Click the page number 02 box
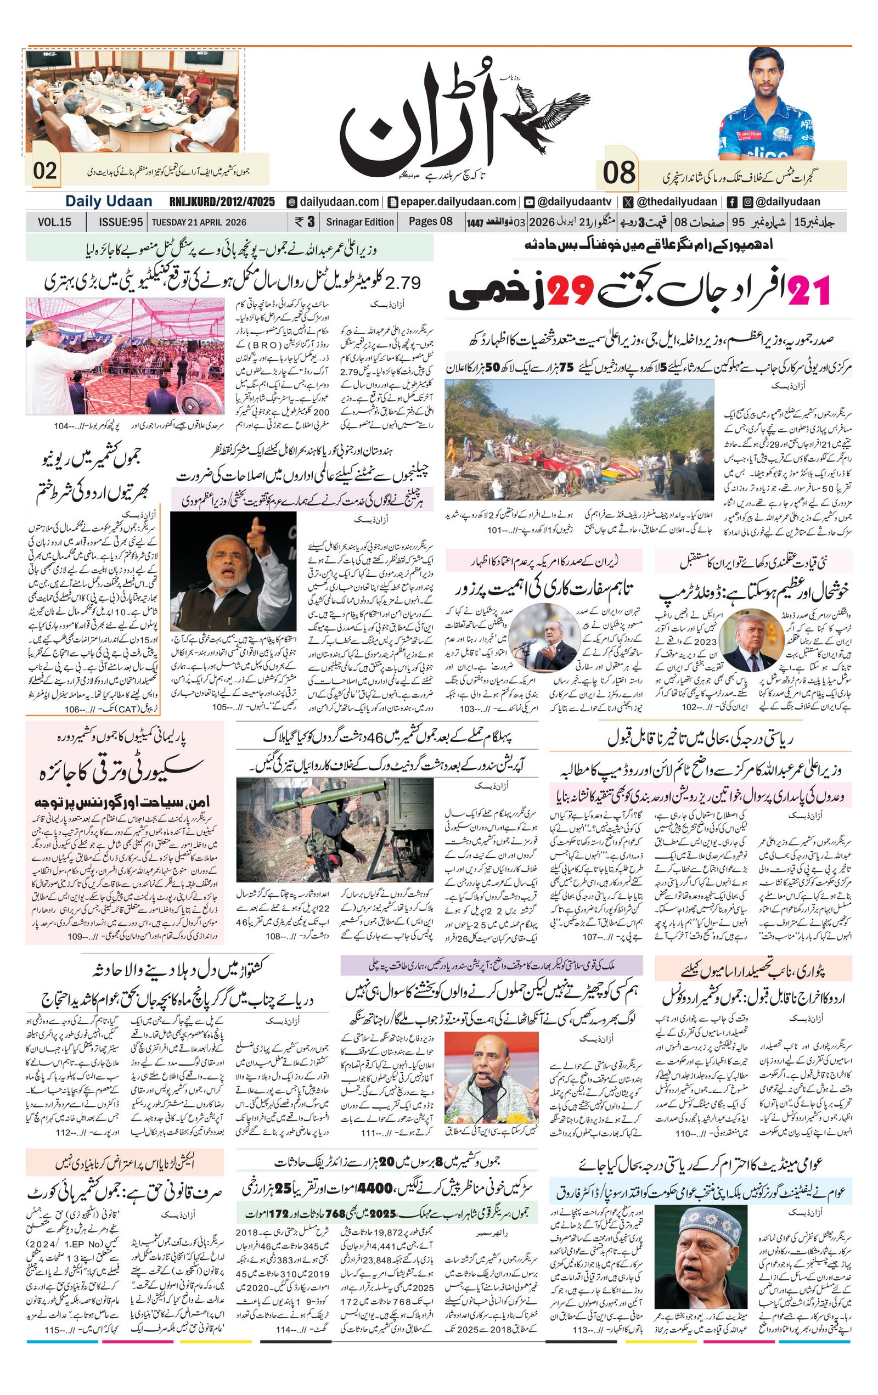click(44, 171)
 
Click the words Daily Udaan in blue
click(108, 201)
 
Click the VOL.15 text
click(54, 222)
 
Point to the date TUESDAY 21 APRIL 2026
click(199, 222)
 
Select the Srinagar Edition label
click(359, 222)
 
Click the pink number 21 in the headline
click(808, 290)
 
